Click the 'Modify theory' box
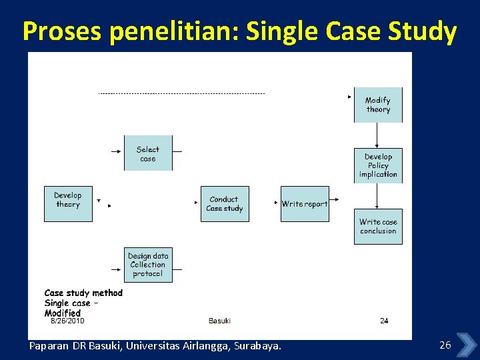pos(378,105)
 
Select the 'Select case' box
pos(147,153)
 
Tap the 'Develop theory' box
pos(68,203)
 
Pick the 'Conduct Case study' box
pos(225,203)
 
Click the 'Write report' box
pos(305,203)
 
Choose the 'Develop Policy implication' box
pos(378,165)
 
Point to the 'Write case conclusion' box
pos(378,227)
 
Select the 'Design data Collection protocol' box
pos(147,264)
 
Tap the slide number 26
pos(445,345)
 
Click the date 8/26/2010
pos(67,321)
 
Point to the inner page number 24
pos(384,321)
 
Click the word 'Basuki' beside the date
pos(219,321)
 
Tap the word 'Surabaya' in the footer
pos(257,346)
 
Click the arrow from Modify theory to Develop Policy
pos(377,135)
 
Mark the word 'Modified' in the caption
pos(63,313)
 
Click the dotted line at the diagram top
pos(181,94)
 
